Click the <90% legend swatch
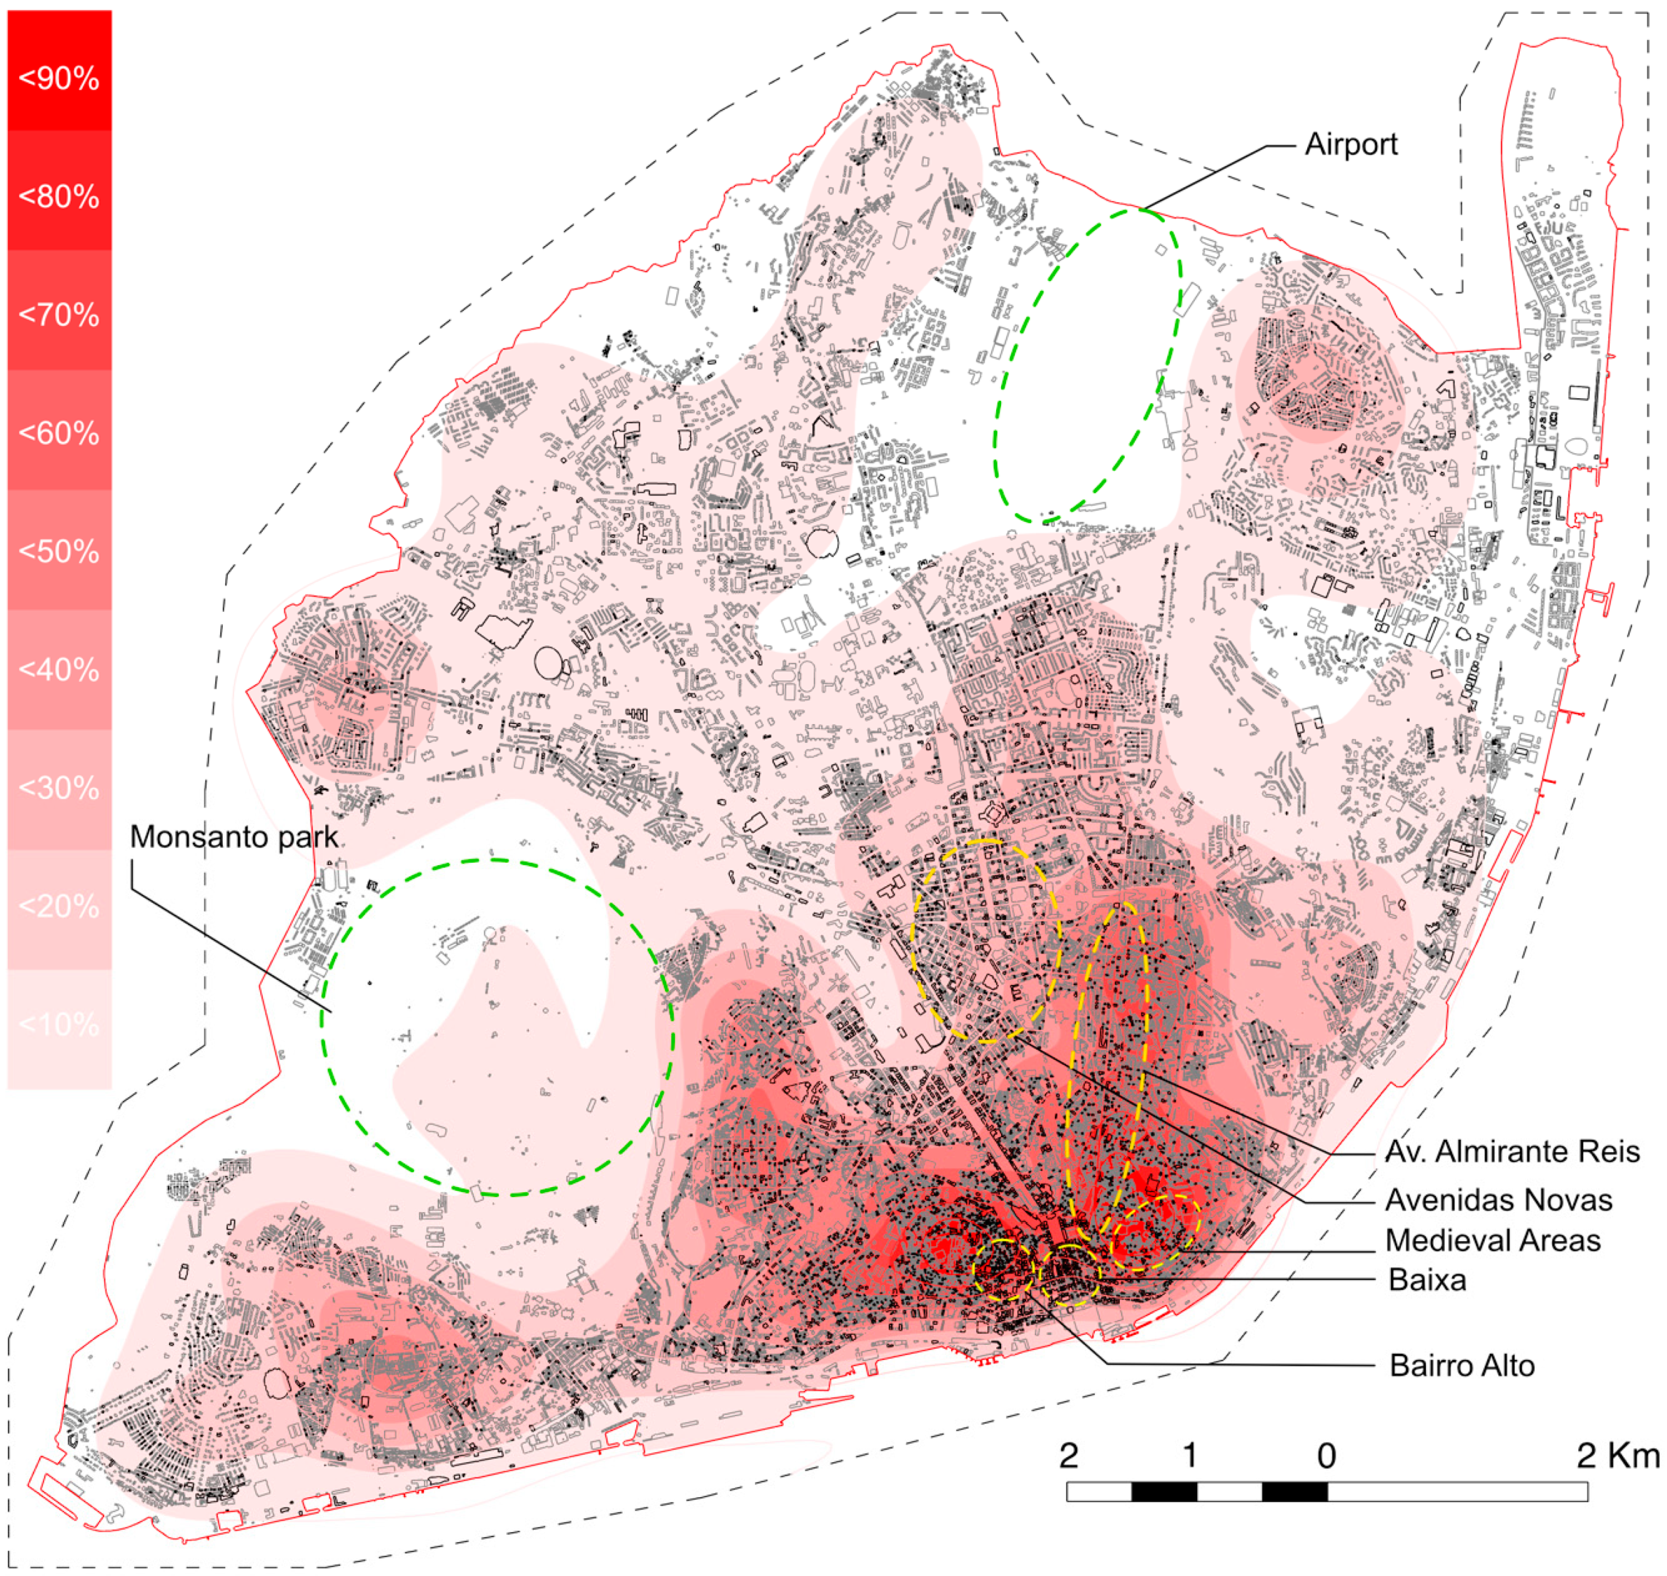click(59, 78)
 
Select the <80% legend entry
click(59, 197)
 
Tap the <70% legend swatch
click(59, 315)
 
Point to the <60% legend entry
click(59, 433)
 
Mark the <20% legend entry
click(59, 907)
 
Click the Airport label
click(1350, 145)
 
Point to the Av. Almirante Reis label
click(1511, 1152)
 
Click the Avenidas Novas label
click(1498, 1200)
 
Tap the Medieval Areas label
click(1492, 1241)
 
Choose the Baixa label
click(1427, 1280)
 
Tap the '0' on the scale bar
click(1326, 1457)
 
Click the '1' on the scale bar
click(1189, 1456)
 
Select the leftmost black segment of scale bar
click(1164, 1492)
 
